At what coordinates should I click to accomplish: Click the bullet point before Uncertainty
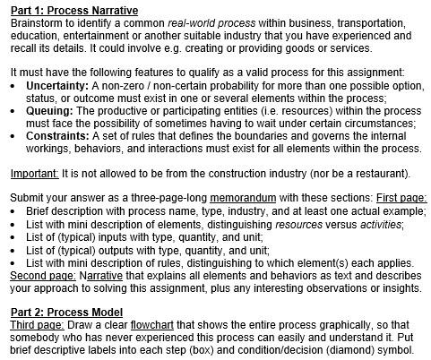coord(14,84)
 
